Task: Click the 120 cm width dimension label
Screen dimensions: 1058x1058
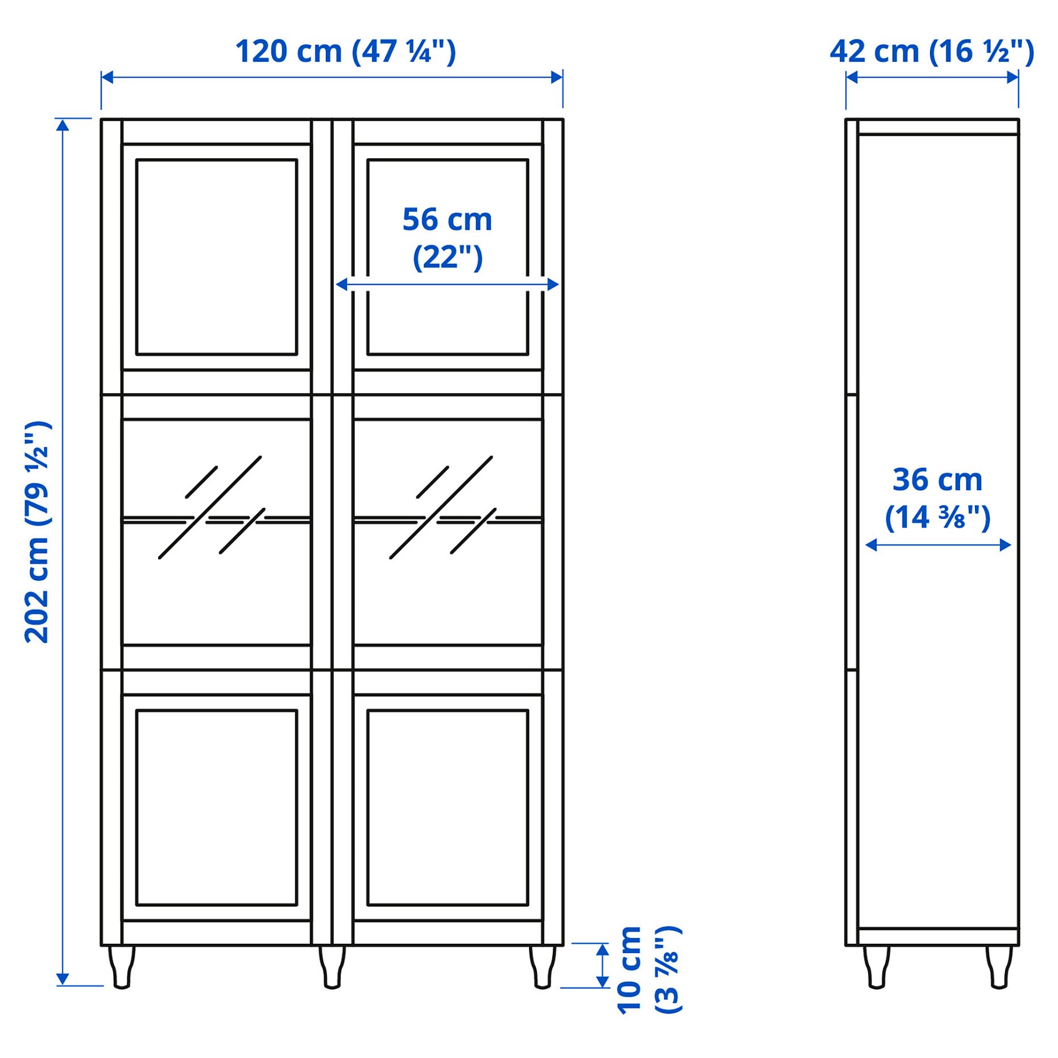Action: [x=345, y=52]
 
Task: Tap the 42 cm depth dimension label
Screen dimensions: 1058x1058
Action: [x=932, y=52]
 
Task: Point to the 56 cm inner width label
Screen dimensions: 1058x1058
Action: [x=447, y=238]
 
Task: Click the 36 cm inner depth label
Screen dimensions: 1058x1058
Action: [x=937, y=498]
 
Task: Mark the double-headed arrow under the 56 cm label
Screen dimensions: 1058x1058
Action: [x=447, y=284]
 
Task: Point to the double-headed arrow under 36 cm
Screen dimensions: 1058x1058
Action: [x=937, y=545]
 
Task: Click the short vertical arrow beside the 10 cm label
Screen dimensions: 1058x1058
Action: [x=602, y=965]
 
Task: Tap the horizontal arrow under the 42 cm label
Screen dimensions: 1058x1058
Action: [x=932, y=77]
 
